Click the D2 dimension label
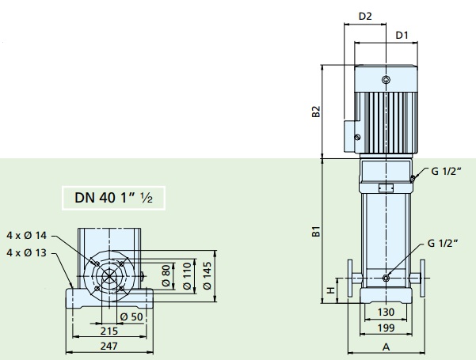tap(365, 16)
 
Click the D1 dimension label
tap(402, 36)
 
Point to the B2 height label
tap(316, 112)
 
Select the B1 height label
tap(316, 231)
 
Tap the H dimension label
tap(330, 290)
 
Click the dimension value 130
tap(386, 312)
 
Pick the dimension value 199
tap(386, 328)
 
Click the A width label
tap(386, 347)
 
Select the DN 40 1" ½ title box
tap(113, 198)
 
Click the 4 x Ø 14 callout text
tap(27, 235)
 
